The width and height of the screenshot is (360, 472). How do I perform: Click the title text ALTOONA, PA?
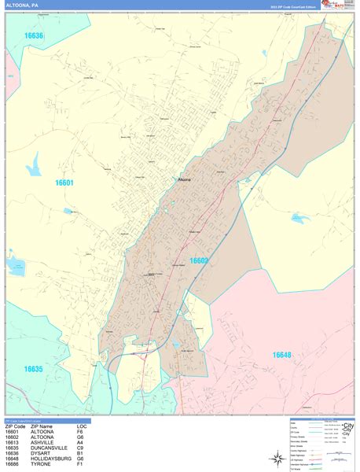(23, 5)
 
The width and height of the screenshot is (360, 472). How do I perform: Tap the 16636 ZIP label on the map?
(34, 36)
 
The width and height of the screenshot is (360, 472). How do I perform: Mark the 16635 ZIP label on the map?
(33, 368)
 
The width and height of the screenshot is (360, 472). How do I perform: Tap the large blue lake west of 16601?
(35, 166)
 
